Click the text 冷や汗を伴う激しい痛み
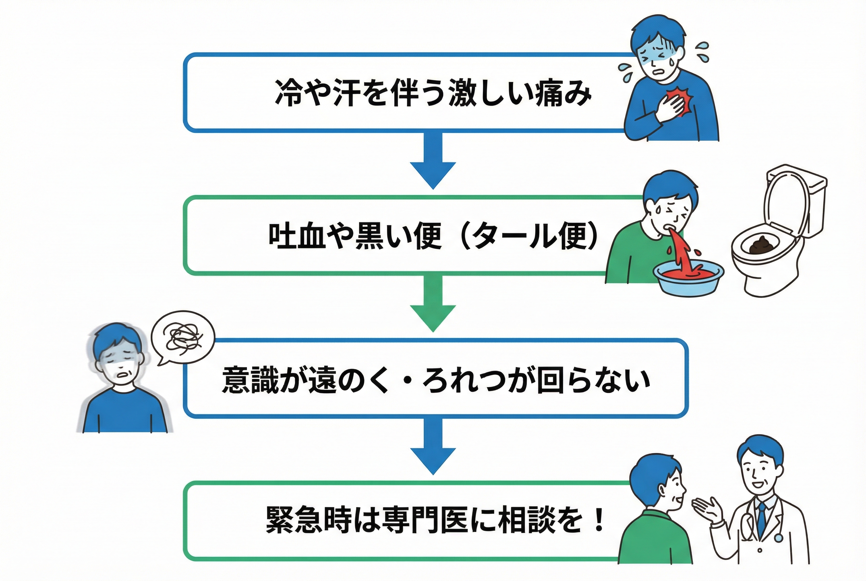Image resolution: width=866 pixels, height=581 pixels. click(x=433, y=92)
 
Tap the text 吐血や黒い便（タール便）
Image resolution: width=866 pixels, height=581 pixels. click(x=433, y=236)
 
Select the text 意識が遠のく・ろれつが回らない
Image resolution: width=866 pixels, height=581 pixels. click(x=436, y=380)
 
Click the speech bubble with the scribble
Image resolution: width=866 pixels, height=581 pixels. click(x=183, y=336)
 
